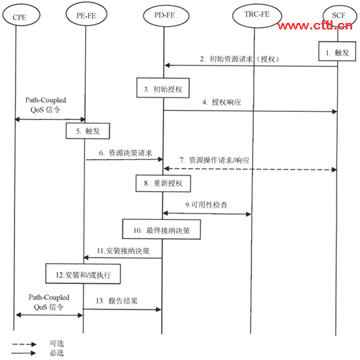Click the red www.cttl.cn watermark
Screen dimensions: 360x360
[x=315, y=26]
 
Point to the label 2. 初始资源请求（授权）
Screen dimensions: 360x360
[x=240, y=59]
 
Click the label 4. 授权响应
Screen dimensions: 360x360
[x=221, y=102]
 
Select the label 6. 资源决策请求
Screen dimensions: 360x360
[x=126, y=153]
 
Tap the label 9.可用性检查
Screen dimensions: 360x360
[x=206, y=205]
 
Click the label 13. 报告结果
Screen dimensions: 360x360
[x=117, y=301]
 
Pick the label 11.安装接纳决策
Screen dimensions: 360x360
[x=123, y=251]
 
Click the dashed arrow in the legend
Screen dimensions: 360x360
[x=24, y=344]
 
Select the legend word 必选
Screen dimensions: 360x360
[x=57, y=353]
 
